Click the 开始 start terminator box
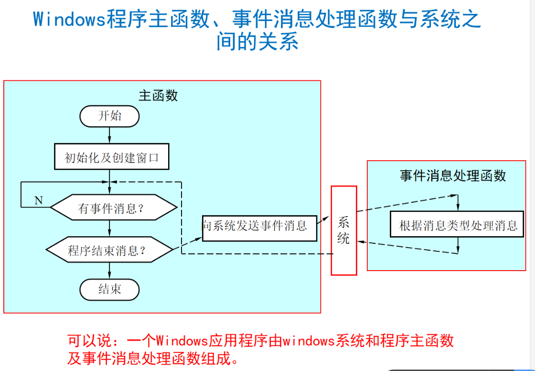coord(109,116)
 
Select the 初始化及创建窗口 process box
coord(111,157)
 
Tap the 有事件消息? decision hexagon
coord(114,208)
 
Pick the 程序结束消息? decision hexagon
coord(109,250)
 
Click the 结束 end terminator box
coord(109,290)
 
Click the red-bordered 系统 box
coord(343,230)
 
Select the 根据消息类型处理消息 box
coord(458,226)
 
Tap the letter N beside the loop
coord(39,200)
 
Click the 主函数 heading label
coord(158,96)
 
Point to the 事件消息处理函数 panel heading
coord(452,176)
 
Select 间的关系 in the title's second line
coord(257,42)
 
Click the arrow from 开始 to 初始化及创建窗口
coord(109,135)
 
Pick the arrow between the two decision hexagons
coord(109,229)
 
